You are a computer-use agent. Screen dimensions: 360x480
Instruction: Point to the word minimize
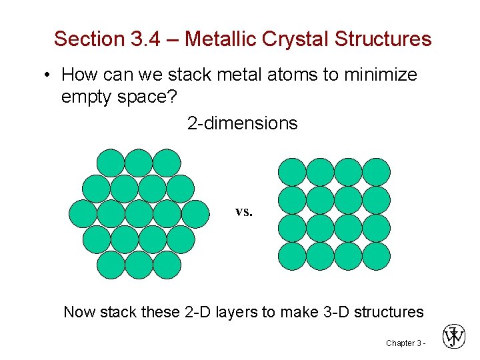pos(379,75)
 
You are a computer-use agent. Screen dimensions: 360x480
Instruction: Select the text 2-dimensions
pos(242,123)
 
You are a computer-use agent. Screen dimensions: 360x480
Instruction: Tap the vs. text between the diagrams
pos(244,212)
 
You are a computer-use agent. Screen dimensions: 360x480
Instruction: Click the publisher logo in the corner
pos(454,337)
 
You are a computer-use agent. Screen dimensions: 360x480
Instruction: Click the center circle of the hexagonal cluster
pos(139,214)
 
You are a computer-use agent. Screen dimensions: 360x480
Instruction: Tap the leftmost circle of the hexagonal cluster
pos(83,214)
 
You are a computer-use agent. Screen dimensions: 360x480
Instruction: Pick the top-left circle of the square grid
pos(292,172)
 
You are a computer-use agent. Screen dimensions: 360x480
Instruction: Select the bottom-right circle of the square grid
pos(376,256)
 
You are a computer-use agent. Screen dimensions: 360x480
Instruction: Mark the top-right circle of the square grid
pos(376,172)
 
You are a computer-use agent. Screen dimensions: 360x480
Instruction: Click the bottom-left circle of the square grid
pos(292,256)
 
